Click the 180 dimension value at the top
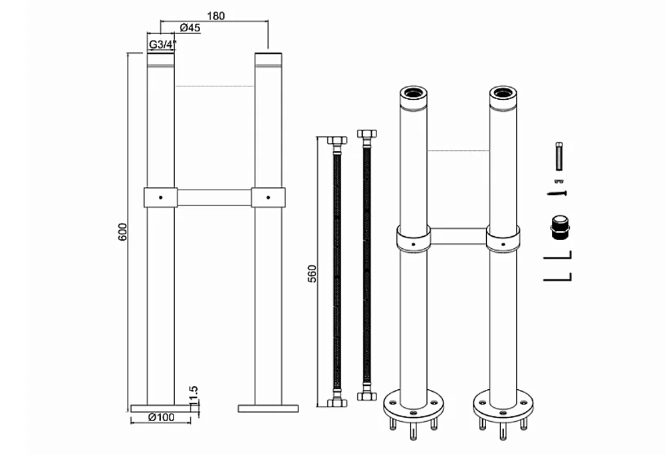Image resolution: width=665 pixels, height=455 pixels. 215,16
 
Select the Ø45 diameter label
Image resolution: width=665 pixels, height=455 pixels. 190,28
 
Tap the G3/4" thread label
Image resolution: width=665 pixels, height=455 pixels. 162,44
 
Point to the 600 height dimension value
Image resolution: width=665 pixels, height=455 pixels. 122,231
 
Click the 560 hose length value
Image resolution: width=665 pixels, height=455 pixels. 312,274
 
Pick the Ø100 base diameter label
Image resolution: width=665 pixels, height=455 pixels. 162,417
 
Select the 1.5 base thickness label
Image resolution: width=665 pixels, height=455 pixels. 194,394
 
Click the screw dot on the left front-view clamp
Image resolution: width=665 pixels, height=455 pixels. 160,197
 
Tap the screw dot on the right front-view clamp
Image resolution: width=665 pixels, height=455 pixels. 268,197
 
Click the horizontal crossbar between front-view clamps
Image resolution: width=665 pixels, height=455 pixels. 214,198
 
